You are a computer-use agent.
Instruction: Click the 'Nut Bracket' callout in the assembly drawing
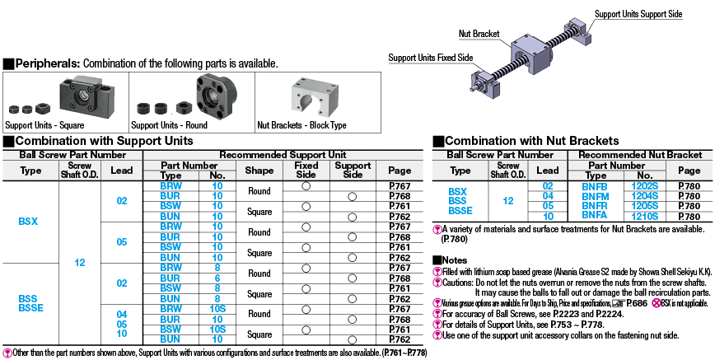click(479, 34)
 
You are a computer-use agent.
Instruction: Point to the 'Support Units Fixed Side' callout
click(430, 58)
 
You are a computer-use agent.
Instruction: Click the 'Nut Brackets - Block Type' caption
click(301, 125)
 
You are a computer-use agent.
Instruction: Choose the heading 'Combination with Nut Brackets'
click(532, 141)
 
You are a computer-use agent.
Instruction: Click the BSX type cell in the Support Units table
click(30, 222)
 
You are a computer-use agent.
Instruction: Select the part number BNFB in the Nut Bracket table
click(594, 186)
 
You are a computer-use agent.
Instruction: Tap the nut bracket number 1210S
click(644, 216)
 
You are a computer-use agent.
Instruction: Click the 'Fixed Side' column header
click(306, 171)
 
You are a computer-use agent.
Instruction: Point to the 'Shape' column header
click(259, 171)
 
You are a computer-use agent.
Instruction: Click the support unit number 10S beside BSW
click(217, 329)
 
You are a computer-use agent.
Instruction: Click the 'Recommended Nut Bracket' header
click(639, 154)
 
